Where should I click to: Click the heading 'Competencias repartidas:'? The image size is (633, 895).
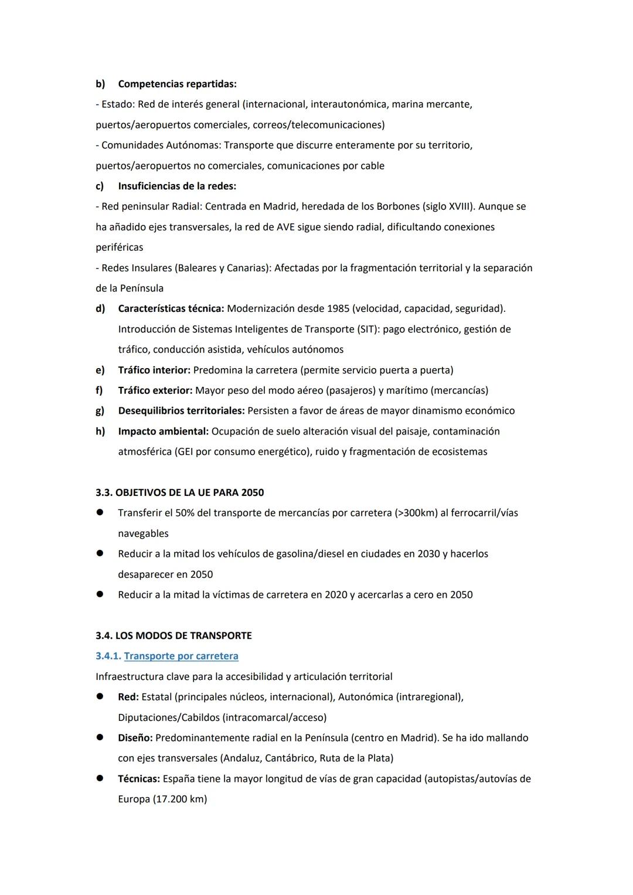[x=177, y=84]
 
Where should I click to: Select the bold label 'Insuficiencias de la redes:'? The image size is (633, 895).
[x=177, y=186]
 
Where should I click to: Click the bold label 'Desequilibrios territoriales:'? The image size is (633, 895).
[x=181, y=411]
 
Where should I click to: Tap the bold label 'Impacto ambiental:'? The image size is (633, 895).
[x=163, y=431]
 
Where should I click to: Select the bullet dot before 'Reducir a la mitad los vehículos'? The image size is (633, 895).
[x=100, y=553]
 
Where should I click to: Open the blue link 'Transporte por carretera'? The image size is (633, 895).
[x=181, y=656]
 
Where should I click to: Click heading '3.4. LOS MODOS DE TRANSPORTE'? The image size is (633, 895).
[x=173, y=635]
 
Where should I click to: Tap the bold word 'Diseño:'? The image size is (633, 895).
[x=135, y=738]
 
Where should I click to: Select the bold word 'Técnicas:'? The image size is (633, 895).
[x=139, y=779]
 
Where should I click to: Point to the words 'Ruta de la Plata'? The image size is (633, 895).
[x=356, y=758]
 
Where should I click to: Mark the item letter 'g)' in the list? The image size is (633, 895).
[x=100, y=411]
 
